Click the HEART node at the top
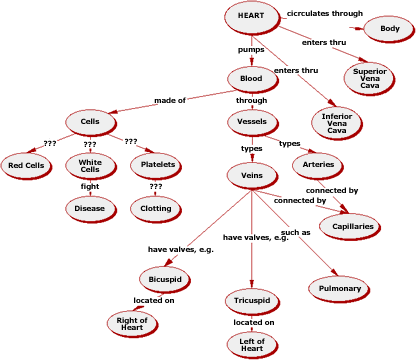pyautogui.click(x=251, y=16)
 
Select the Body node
pyautogui.click(x=388, y=29)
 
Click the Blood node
pyautogui.click(x=251, y=78)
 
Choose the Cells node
pyautogui.click(x=91, y=122)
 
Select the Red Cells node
pyautogui.click(x=27, y=164)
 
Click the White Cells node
pyautogui.click(x=90, y=165)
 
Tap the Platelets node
pyautogui.click(x=158, y=164)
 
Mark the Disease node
pyautogui.click(x=90, y=208)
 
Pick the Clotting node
pyautogui.click(x=156, y=208)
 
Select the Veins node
pyautogui.click(x=251, y=176)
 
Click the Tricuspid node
pyautogui.click(x=251, y=300)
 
